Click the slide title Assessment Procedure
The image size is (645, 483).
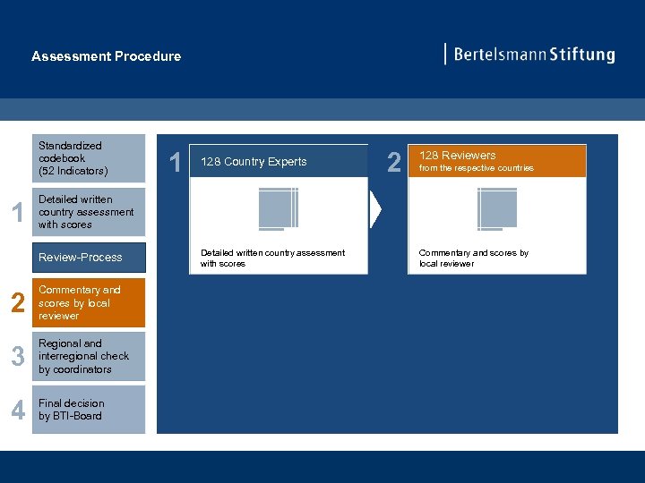coord(106,56)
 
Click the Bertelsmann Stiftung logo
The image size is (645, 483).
coord(529,55)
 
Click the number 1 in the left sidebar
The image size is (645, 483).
coord(15,213)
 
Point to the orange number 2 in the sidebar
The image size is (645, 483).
coord(16,304)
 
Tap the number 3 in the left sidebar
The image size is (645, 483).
coord(16,357)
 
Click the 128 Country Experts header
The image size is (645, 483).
coord(279,162)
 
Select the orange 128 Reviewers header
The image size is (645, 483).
coord(496,161)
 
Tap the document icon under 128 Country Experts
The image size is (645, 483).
coord(278,209)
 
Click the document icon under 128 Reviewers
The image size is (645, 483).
coord(496,209)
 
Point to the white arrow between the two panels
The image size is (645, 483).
coord(376,210)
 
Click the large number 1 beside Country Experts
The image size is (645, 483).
coord(176,162)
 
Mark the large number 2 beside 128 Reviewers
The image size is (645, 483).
coord(393,162)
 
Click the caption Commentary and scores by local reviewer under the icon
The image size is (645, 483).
coord(474,258)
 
